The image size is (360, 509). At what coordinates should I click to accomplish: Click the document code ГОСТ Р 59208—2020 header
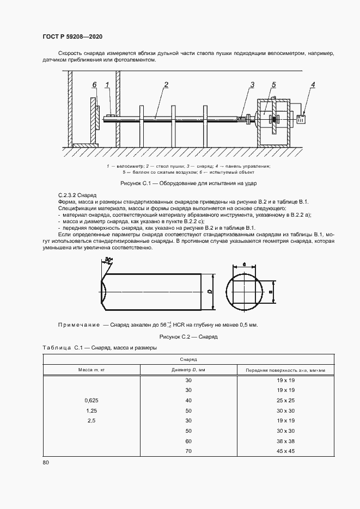72,36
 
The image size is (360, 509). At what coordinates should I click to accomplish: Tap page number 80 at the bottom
46,463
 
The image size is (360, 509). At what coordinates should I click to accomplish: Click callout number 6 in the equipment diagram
94,85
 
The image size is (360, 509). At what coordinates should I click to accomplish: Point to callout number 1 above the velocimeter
107,85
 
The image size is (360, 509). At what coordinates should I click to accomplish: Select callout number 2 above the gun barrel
166,84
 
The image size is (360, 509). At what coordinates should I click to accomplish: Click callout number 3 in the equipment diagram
252,84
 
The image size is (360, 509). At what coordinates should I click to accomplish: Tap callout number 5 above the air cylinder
273,84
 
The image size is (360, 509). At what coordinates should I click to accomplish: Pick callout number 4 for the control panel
313,84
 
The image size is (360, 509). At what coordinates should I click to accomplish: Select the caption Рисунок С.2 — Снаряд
188,337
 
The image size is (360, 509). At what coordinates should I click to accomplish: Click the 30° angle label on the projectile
109,261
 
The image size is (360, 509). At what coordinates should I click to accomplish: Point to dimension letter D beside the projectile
210,291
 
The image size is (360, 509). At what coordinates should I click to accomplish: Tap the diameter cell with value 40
189,400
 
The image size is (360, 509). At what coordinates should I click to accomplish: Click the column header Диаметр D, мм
188,370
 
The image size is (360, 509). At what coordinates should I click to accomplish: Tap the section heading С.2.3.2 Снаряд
77,194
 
